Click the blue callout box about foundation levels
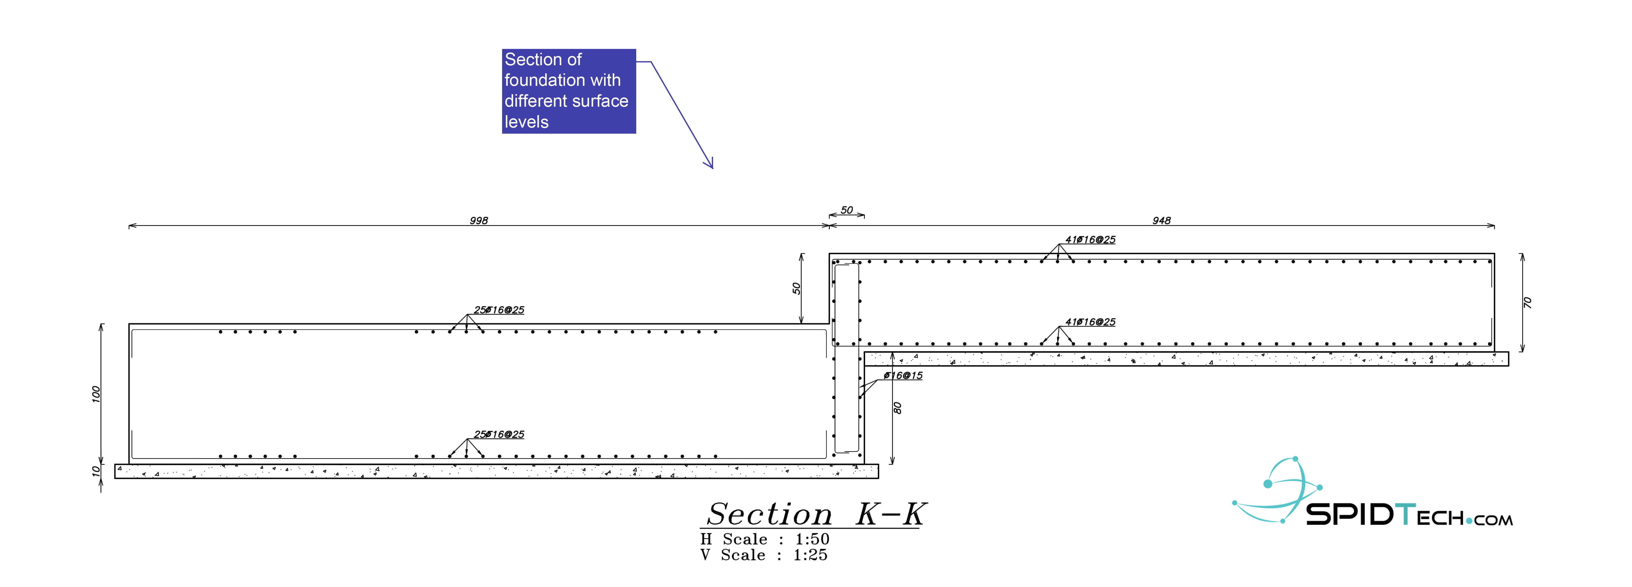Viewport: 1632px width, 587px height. pos(568,91)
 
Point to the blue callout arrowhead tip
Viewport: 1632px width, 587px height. pos(713,168)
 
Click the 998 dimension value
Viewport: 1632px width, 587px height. pos(479,221)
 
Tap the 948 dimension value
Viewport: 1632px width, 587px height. pos(1161,221)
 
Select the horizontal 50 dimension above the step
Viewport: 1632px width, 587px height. pos(846,210)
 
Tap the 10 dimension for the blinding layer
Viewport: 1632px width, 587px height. pos(96,471)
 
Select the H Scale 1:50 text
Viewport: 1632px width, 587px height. pos(765,539)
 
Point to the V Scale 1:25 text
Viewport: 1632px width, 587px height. pos(763,555)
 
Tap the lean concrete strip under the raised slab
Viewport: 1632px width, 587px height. pos(1185,359)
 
